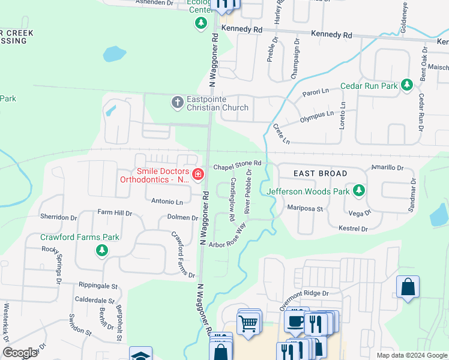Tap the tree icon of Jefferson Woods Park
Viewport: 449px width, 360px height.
point(359,191)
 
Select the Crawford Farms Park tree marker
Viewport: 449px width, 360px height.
point(102,250)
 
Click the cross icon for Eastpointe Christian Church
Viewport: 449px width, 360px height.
point(177,102)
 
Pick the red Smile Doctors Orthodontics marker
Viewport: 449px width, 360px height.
point(197,174)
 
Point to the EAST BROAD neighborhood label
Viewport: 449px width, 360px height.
point(320,173)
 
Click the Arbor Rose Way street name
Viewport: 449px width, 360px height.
point(228,238)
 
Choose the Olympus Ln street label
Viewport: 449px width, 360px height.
point(316,114)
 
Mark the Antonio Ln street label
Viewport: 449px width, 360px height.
point(167,202)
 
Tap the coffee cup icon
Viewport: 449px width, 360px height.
point(295,321)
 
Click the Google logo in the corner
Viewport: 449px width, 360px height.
point(20,353)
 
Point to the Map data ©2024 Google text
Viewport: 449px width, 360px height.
point(411,355)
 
